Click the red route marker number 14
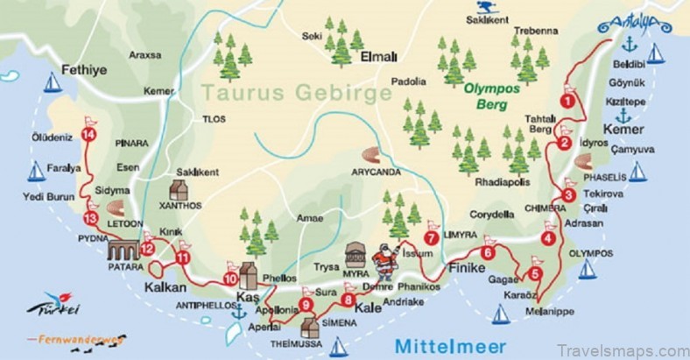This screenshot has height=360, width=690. click(88, 134)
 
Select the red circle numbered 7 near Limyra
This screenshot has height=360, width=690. click(431, 237)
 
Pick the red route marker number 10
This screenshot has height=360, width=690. click(230, 279)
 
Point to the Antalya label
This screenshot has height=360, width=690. click(632, 26)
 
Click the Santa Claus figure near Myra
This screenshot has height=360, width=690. click(384, 260)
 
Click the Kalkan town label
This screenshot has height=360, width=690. click(164, 289)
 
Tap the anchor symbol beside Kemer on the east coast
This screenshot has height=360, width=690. click(623, 116)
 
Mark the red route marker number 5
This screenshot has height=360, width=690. click(536, 272)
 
